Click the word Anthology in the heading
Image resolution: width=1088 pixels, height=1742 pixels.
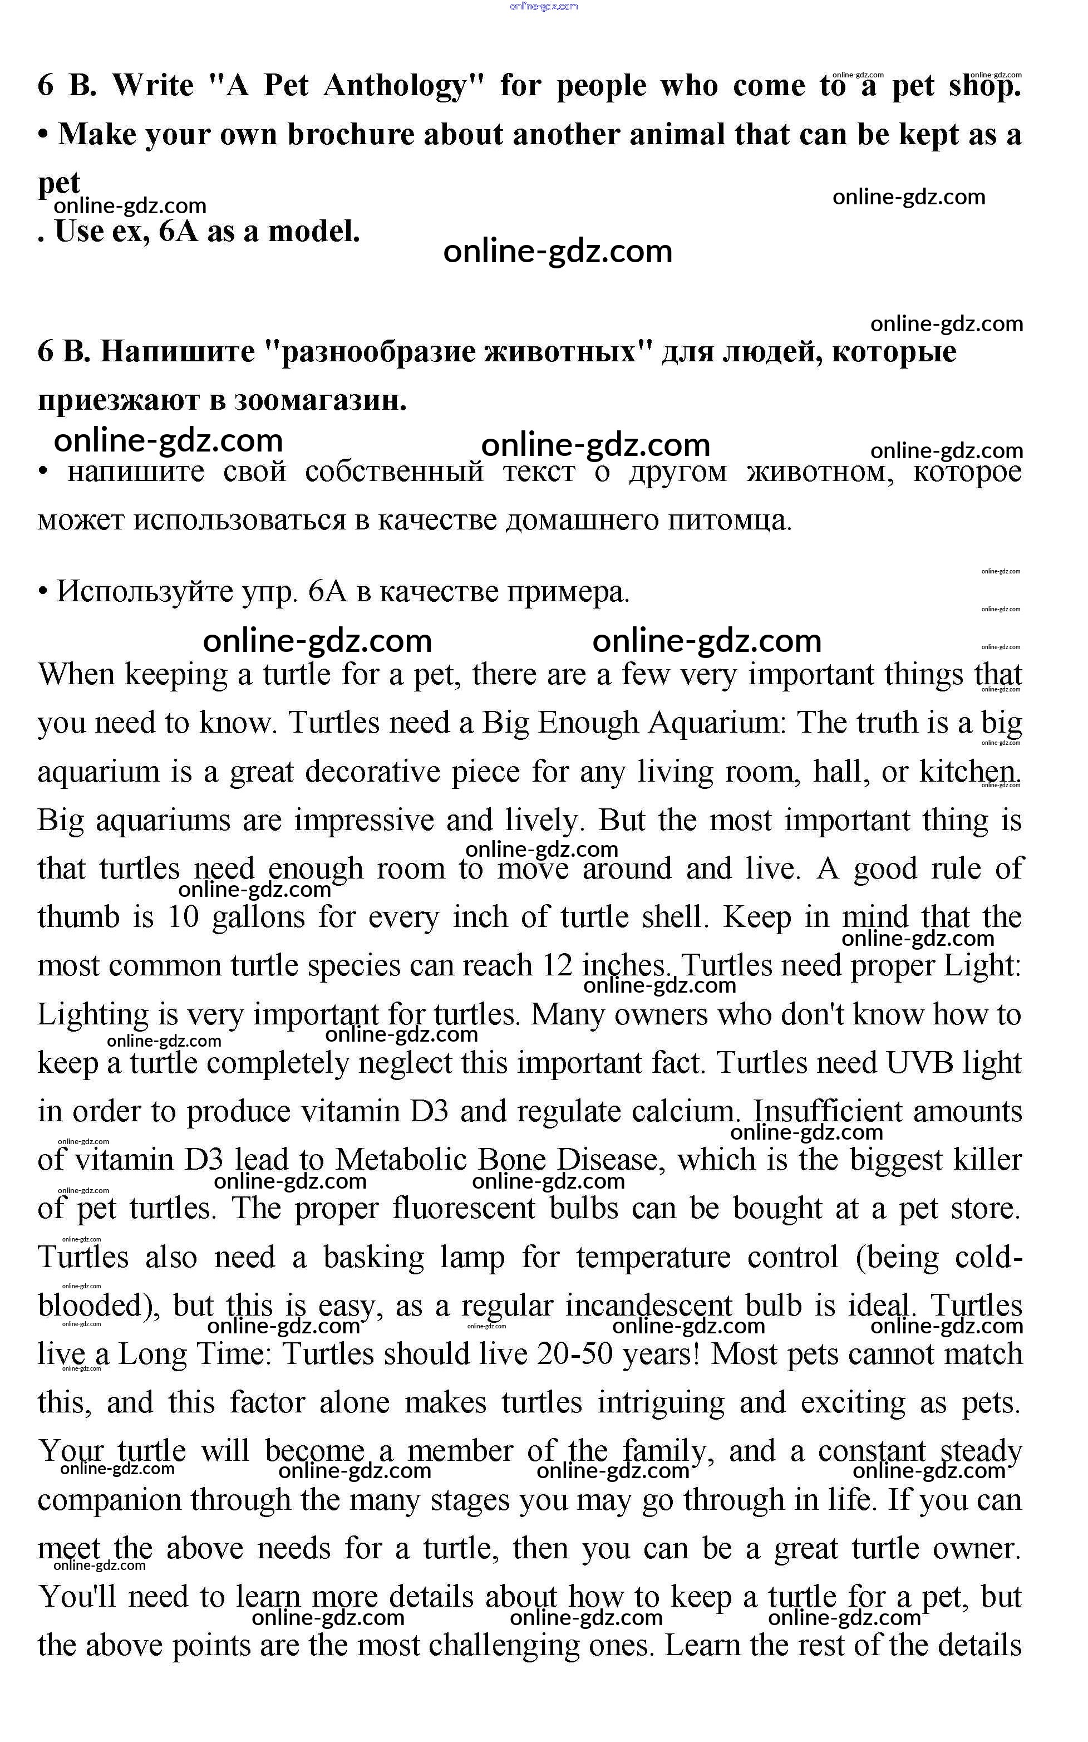(x=395, y=86)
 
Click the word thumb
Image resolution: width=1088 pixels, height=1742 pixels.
(x=78, y=918)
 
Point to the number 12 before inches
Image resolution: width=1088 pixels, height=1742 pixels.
(x=557, y=966)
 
